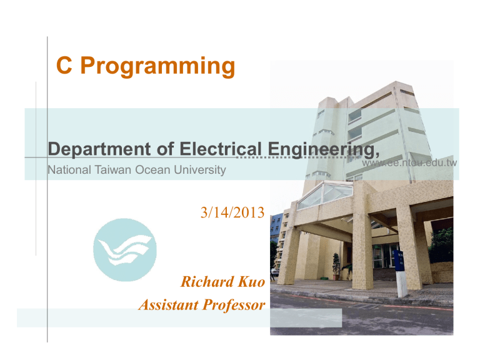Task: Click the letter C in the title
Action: [x=63, y=66]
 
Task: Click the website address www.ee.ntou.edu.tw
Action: [x=410, y=164]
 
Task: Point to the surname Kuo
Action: [x=252, y=282]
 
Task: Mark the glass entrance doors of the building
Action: [x=382, y=256]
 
